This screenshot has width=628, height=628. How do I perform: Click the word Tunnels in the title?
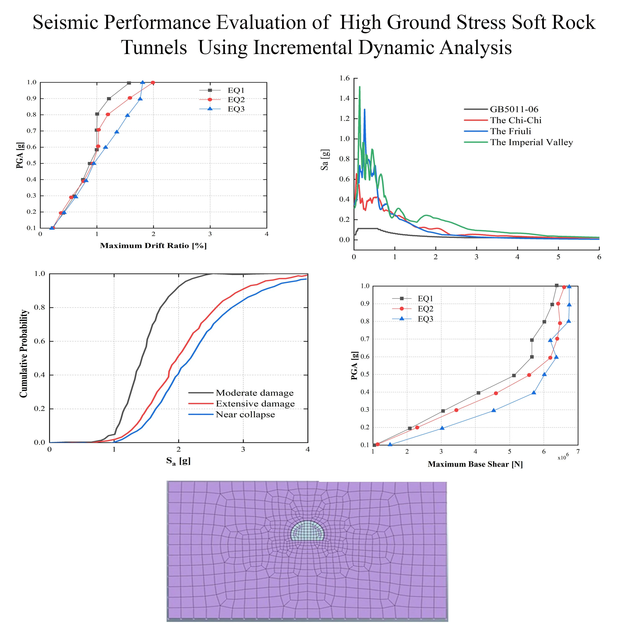click(154, 48)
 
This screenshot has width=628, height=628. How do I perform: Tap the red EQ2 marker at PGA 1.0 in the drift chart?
click(153, 82)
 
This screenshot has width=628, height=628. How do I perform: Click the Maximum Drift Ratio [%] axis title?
click(153, 245)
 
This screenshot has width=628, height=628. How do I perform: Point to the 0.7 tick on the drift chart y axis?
click(32, 131)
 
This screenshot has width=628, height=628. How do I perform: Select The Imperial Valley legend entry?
click(531, 142)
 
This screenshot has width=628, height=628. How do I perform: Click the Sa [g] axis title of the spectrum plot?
click(325, 160)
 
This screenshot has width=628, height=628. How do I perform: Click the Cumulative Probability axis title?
click(24, 353)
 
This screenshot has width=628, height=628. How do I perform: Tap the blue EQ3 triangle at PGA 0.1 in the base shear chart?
click(390, 444)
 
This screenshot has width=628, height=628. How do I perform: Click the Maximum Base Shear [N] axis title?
click(475, 464)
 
